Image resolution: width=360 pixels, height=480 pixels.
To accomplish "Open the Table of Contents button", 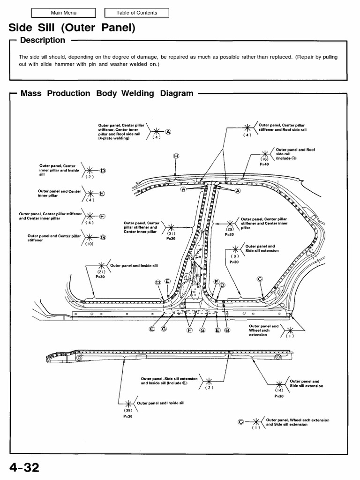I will pyautogui.click(x=137, y=13).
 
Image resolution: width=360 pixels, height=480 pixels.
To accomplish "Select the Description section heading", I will pyautogui.click(x=43, y=40).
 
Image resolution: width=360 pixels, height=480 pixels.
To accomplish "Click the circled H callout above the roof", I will pyautogui.click(x=176, y=156).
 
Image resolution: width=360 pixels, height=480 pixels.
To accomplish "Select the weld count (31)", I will pyautogui.click(x=172, y=233).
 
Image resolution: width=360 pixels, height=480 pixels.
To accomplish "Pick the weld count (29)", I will pyautogui.click(x=229, y=229).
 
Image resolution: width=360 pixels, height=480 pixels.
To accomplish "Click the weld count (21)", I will pyautogui.click(x=100, y=272).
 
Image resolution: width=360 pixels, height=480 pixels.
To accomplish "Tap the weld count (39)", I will pyautogui.click(x=128, y=411).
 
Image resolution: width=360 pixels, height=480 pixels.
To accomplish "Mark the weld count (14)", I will pyautogui.click(x=279, y=390).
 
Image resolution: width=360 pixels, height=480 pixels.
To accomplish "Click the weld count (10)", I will pyautogui.click(x=90, y=245).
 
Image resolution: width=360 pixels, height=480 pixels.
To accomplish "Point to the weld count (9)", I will pyautogui.click(x=234, y=256).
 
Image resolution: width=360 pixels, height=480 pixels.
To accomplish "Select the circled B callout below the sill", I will pyautogui.click(x=227, y=330).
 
